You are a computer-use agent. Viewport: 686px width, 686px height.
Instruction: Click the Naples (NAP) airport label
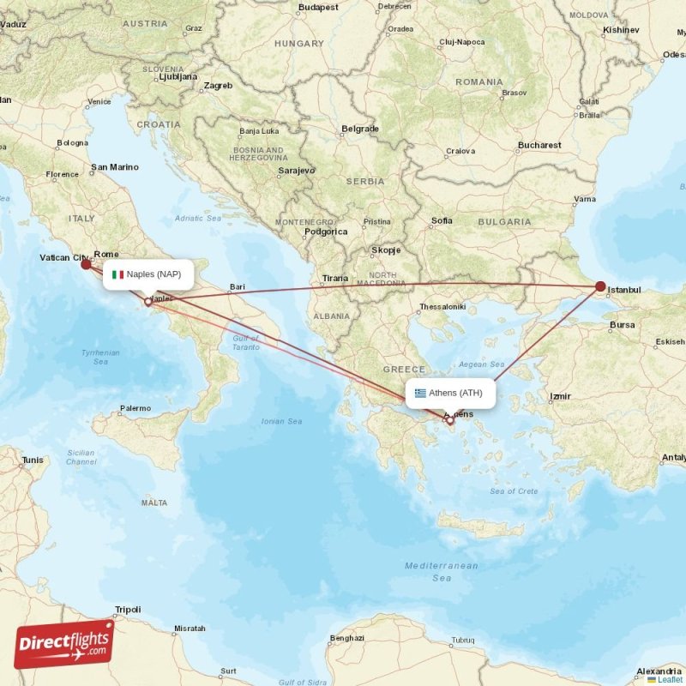[147, 274]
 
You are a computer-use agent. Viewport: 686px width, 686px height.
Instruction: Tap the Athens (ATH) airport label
[449, 394]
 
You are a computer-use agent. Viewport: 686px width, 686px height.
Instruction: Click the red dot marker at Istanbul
[600, 286]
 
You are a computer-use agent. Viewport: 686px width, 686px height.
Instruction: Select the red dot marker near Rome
[86, 264]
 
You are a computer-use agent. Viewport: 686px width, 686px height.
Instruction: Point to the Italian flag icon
[118, 274]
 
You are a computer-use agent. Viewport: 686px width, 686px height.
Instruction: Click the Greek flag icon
[420, 394]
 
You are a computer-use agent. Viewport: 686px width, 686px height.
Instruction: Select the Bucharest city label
[539, 145]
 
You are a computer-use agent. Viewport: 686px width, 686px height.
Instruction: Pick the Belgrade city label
[360, 129]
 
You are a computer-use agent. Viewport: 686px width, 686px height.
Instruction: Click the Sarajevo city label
[297, 171]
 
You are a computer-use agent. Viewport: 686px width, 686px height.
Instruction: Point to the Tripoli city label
[128, 610]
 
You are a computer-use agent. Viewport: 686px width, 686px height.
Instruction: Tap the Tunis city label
[33, 460]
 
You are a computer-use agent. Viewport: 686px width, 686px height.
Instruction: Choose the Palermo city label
[135, 408]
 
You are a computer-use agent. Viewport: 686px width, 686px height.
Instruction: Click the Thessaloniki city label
[442, 307]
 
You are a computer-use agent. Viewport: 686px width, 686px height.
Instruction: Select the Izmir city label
[561, 397]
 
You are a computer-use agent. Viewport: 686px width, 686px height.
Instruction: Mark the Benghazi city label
[347, 638]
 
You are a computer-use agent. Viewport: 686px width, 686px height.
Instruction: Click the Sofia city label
[442, 220]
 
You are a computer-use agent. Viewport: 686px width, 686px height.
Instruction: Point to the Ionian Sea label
[282, 421]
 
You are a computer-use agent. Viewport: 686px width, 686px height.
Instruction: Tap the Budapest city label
[319, 7]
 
